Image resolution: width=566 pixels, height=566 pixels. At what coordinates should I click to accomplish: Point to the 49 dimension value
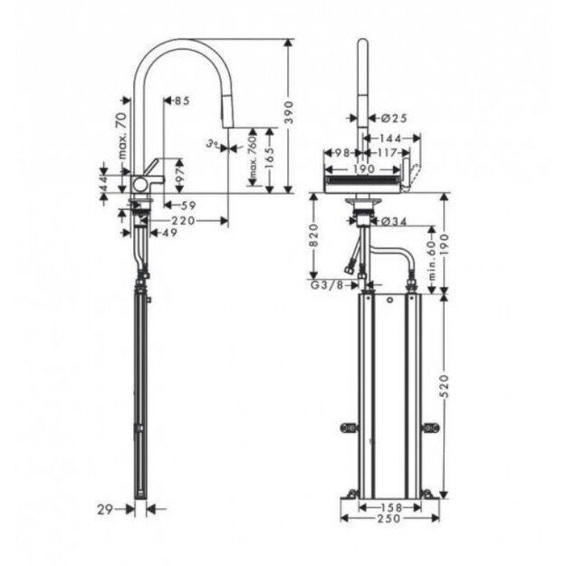click(168, 233)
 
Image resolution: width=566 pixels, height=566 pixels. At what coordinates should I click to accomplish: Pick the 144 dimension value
click(393, 139)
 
